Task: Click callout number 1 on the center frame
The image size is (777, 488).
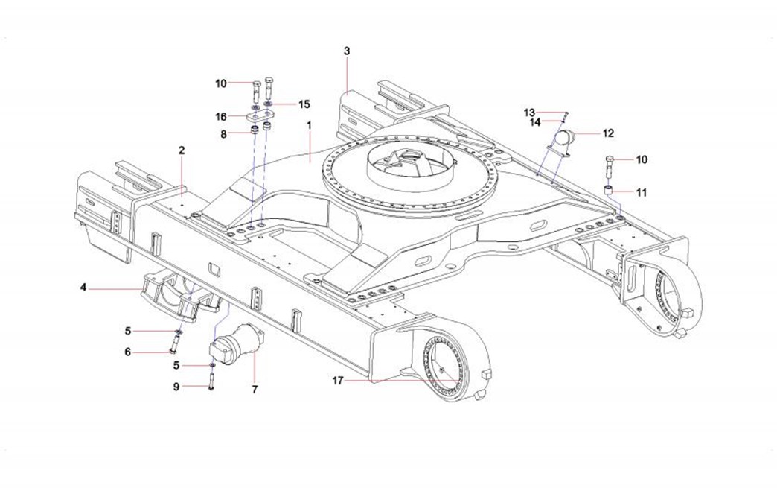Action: (x=309, y=127)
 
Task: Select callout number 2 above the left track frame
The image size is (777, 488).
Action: (x=181, y=150)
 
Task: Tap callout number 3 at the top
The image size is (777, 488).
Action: (x=347, y=51)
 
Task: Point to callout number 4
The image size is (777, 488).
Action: (x=84, y=287)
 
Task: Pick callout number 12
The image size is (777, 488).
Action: (x=608, y=134)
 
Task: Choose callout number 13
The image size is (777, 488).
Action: (x=529, y=113)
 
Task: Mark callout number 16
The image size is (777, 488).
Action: (x=221, y=117)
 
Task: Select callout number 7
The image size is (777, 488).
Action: (x=255, y=389)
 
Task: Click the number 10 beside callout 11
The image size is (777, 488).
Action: (x=641, y=159)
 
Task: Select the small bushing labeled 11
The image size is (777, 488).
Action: (x=610, y=191)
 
